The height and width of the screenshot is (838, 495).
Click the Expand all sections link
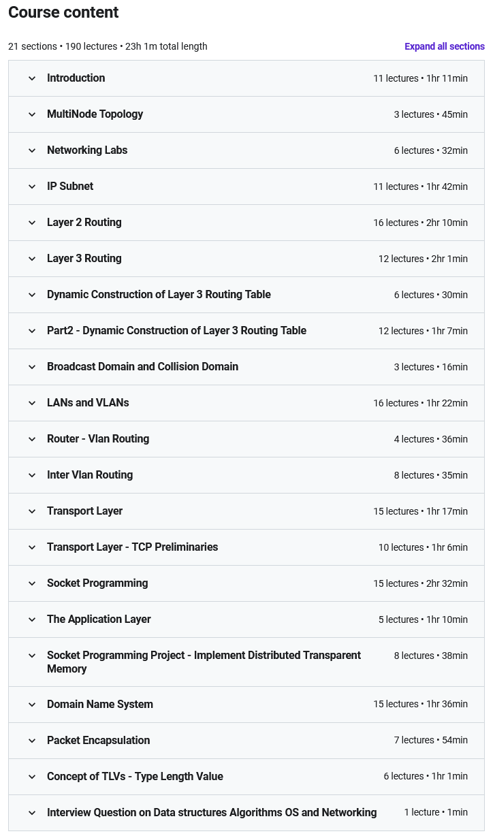tap(444, 46)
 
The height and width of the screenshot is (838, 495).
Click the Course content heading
tap(63, 12)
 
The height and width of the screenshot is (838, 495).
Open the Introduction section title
tap(76, 78)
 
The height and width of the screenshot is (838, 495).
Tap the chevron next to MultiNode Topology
tap(32, 114)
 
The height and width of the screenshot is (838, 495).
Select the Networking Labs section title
tap(87, 150)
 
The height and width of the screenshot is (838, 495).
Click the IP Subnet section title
tap(70, 187)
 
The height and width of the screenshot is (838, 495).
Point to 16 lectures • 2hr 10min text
tap(420, 223)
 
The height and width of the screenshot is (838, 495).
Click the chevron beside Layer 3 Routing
tap(32, 259)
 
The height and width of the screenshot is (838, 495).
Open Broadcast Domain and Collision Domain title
tap(142, 367)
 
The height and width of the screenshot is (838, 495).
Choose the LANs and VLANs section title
tap(88, 403)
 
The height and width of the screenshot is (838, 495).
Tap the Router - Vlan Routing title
tap(98, 439)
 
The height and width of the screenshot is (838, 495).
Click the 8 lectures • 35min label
tap(430, 475)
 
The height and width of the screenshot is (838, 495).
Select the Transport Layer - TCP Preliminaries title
tap(132, 547)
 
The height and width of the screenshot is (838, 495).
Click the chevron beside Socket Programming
tap(32, 583)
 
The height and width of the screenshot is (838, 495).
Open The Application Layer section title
tap(99, 619)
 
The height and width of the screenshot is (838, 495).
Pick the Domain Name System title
tap(100, 705)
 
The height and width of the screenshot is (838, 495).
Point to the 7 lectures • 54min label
tap(430, 741)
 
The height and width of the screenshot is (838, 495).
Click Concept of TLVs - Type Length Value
tap(135, 777)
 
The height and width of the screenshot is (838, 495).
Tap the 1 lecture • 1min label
tap(436, 813)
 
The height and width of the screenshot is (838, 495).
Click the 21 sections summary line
tap(108, 46)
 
